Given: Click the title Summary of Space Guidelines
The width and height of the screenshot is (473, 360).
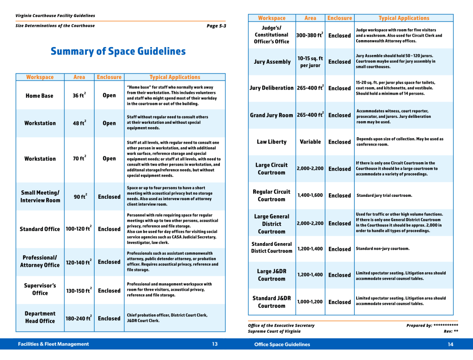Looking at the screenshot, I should click(x=118, y=51).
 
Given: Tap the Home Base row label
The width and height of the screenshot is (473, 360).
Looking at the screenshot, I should click(x=40, y=96).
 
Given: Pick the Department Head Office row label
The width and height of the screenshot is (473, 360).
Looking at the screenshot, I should click(x=40, y=317).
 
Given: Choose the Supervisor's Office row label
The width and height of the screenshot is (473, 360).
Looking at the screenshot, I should click(x=40, y=289).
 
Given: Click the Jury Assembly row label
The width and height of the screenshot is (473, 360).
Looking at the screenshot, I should click(x=272, y=62).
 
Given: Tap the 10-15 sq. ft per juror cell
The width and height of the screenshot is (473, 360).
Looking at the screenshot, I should click(x=310, y=62).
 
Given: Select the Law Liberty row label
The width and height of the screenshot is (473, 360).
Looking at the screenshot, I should click(x=272, y=142).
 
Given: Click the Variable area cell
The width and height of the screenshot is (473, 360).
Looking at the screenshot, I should click(x=310, y=142).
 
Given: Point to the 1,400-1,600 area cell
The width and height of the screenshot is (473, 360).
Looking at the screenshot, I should click(x=310, y=195).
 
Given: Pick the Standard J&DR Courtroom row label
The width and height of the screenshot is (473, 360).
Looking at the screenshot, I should click(x=272, y=302).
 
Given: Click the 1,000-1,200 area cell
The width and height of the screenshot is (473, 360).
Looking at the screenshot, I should click(x=310, y=302).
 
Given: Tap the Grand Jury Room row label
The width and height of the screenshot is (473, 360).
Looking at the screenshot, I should click(x=272, y=115).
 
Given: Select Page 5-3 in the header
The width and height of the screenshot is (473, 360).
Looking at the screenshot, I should click(x=216, y=26).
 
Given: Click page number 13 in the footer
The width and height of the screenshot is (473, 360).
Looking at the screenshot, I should click(x=215, y=344).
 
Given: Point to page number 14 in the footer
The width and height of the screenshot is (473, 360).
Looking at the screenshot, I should click(x=450, y=344).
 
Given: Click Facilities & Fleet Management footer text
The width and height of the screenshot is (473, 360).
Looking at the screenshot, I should click(x=54, y=344).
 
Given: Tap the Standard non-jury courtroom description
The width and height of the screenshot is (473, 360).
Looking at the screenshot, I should click(x=382, y=249).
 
